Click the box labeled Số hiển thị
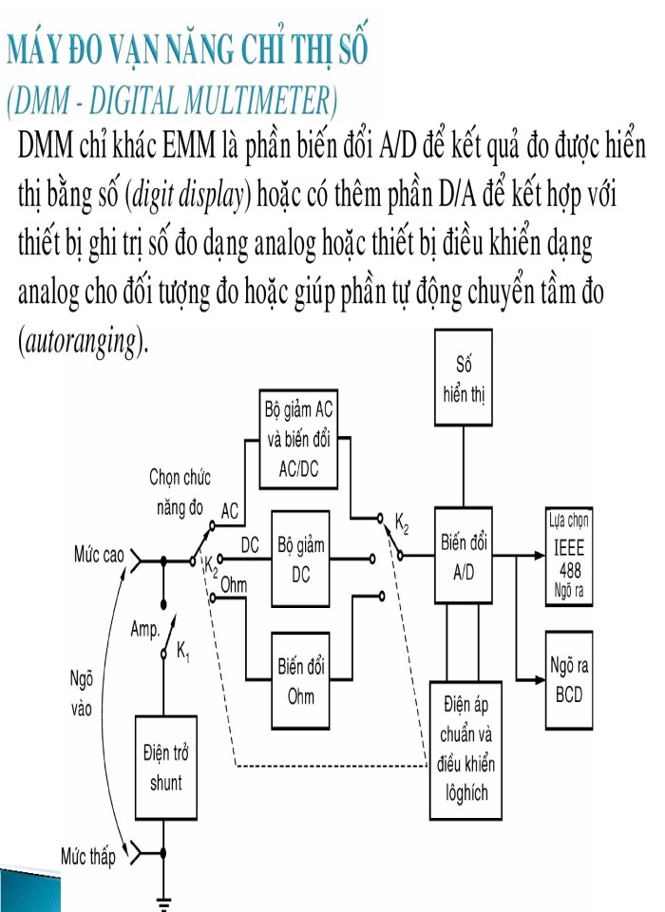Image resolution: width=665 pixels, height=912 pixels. click(463, 378)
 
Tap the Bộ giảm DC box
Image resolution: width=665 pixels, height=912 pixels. click(300, 560)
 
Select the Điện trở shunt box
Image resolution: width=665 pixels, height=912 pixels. click(165, 769)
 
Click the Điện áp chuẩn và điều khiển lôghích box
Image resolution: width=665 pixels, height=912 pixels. click(466, 750)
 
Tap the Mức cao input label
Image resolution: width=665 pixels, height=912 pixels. click(100, 554)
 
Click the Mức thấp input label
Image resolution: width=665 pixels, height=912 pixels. click(88, 858)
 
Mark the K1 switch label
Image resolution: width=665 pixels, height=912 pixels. click(183, 653)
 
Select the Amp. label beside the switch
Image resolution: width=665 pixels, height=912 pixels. click(144, 629)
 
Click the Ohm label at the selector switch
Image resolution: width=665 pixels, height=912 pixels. click(234, 585)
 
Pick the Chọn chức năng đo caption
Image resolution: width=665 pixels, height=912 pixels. click(180, 491)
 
